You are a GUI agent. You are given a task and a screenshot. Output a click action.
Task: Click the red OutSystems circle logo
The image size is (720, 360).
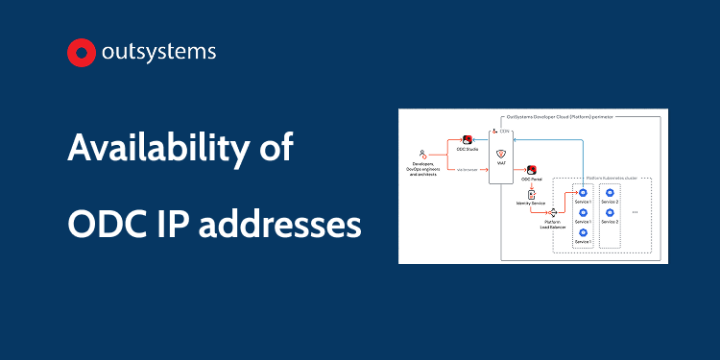tap(82, 53)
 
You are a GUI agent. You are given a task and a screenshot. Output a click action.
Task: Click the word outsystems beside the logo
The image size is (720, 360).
tap(159, 53)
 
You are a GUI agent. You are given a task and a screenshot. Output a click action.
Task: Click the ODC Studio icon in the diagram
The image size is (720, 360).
tap(468, 140)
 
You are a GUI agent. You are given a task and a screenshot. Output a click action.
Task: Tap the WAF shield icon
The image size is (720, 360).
tap(500, 154)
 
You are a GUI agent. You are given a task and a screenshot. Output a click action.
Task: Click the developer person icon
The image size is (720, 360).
tap(421, 154)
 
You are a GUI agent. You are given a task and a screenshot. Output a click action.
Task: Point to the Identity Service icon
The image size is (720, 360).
tap(531, 195)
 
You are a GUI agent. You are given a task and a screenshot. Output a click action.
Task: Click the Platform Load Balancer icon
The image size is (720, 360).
tap(553, 213)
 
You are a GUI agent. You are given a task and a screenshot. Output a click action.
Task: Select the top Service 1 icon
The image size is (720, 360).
tap(582, 193)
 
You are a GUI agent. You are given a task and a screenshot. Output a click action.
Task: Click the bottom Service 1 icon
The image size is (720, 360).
tap(582, 231)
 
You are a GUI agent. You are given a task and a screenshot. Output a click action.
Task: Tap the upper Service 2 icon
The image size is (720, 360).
tap(610, 193)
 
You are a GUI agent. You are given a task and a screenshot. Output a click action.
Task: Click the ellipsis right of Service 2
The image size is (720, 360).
tap(636, 212)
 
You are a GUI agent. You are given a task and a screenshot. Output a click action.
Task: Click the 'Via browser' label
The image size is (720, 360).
tap(468, 170)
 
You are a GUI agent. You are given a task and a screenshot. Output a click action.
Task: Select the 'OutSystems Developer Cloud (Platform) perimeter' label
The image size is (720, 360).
tap(561, 115)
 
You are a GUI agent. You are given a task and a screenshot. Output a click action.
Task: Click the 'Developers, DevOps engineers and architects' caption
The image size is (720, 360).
tap(421, 170)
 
